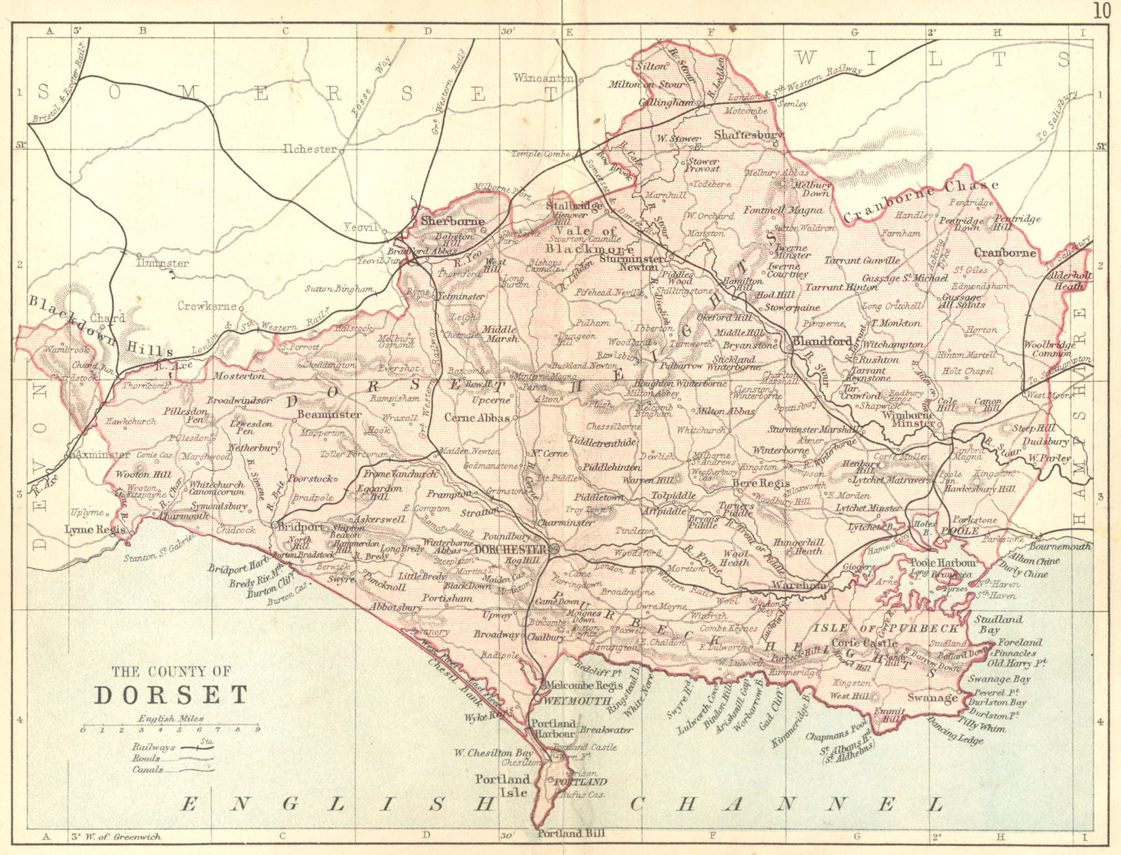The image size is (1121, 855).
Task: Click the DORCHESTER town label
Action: [x=510, y=549]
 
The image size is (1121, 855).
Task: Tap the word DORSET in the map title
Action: [x=171, y=695]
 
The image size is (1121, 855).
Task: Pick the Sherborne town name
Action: [x=452, y=221]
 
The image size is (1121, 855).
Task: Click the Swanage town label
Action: [x=932, y=697]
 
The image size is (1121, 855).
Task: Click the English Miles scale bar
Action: [x=170, y=730]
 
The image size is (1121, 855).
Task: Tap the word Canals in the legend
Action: [x=147, y=769]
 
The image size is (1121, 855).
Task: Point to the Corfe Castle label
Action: [x=864, y=643]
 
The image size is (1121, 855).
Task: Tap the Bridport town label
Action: [x=301, y=526]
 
